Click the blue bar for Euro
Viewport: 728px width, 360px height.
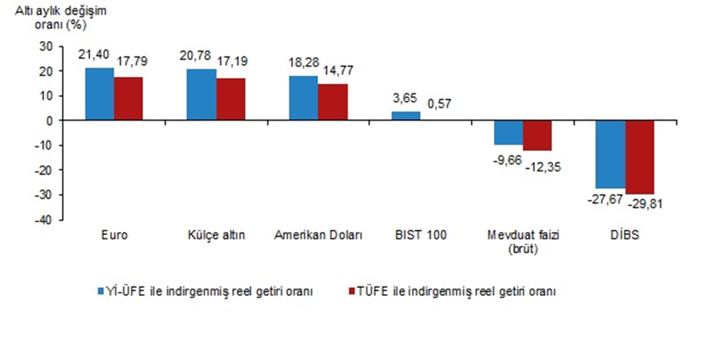pos(99,94)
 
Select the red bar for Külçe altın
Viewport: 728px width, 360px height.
pos(231,99)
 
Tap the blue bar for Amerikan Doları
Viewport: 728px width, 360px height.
pos(303,98)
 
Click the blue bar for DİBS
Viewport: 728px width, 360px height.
pos(610,154)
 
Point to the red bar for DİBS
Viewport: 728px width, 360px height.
pos(640,157)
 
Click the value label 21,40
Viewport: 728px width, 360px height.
pos(94,56)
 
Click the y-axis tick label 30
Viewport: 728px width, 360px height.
pos(46,46)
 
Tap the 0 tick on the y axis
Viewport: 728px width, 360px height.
pos(49,121)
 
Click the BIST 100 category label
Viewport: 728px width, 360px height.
pos(421,236)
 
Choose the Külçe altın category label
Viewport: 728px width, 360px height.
pos(216,236)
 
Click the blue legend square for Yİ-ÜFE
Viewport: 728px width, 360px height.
pos(101,291)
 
